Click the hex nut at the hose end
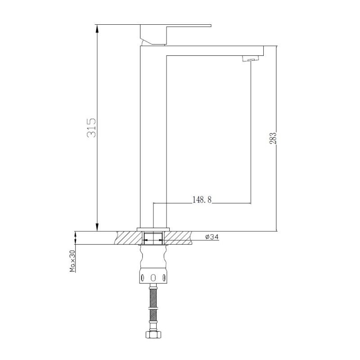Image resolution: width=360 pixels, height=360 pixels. point(153,334)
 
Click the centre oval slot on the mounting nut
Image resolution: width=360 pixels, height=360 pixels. point(153,277)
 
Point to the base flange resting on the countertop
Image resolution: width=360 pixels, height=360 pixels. point(153,229)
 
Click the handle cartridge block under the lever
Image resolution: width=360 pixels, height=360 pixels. point(154,35)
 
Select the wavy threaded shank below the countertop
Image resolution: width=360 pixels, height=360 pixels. point(153,258)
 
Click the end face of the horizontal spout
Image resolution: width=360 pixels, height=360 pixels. point(262,50)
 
